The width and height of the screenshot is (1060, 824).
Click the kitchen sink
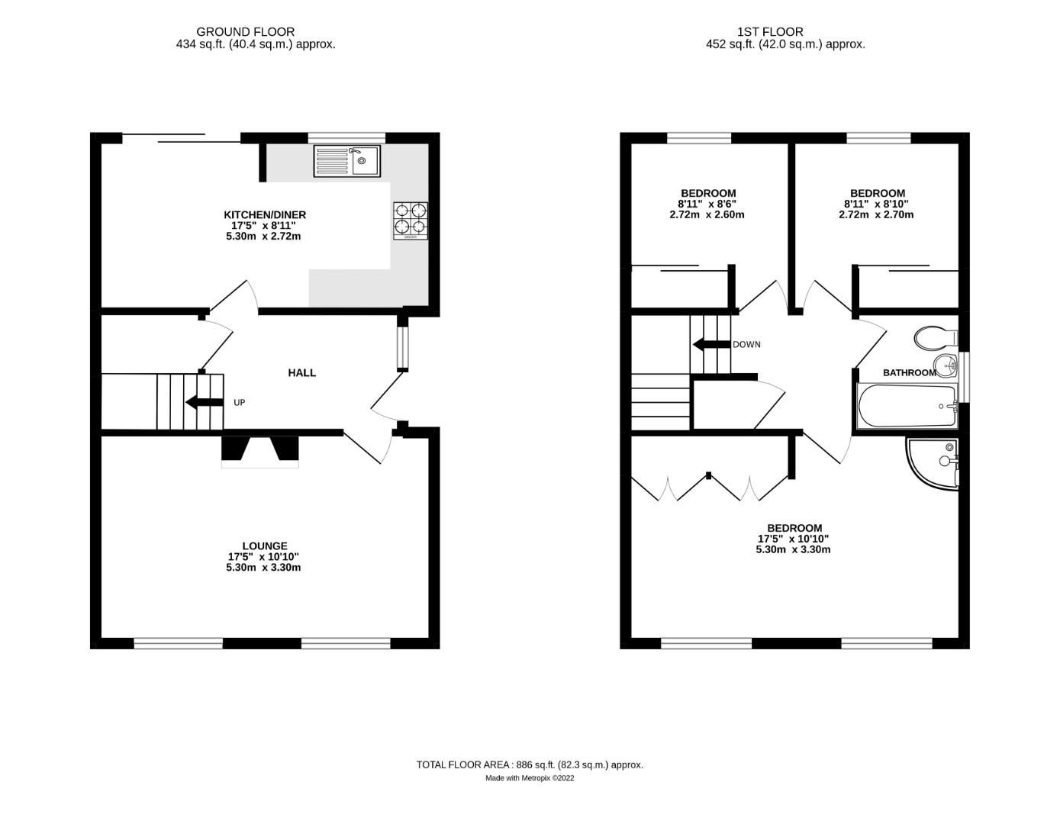pyautogui.click(x=346, y=160)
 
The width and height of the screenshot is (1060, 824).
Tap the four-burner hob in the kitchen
pyautogui.click(x=410, y=220)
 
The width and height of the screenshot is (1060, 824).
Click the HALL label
pyautogui.click(x=301, y=373)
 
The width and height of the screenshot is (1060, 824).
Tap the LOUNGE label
pyautogui.click(x=265, y=546)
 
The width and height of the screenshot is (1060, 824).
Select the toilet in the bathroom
pyautogui.click(x=936, y=337)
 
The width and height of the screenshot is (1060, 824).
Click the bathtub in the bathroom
pyautogui.click(x=907, y=406)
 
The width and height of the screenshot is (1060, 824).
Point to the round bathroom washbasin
pyautogui.click(x=945, y=365)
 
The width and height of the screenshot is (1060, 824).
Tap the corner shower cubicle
pyautogui.click(x=933, y=462)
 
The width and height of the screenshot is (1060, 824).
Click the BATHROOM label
pyautogui.click(x=909, y=373)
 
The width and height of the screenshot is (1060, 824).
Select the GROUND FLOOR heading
pyautogui.click(x=245, y=32)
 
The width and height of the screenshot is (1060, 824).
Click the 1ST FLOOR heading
pyautogui.click(x=770, y=32)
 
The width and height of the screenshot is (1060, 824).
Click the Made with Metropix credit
pyautogui.click(x=530, y=778)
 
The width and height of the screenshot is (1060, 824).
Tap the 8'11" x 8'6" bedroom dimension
pyautogui.click(x=707, y=204)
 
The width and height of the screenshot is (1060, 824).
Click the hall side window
pyautogui.click(x=402, y=349)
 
